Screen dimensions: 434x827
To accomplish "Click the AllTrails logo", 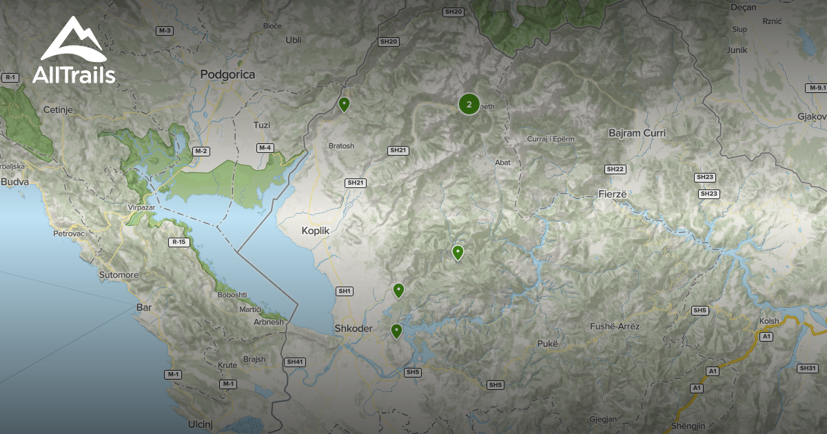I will point(74,52).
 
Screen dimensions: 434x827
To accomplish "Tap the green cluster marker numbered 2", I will point(469,105).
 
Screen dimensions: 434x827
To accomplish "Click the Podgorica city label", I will point(227,74).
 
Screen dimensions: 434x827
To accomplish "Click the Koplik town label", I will point(316,231).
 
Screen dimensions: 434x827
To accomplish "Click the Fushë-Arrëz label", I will point(615,327).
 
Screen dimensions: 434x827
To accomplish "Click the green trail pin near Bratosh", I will point(345,104).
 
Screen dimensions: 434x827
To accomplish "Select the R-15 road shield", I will point(179,242).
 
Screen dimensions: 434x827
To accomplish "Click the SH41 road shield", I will point(294,362).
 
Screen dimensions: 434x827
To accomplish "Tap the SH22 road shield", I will point(615,169).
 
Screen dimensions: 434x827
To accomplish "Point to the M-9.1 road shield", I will point(816,87).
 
